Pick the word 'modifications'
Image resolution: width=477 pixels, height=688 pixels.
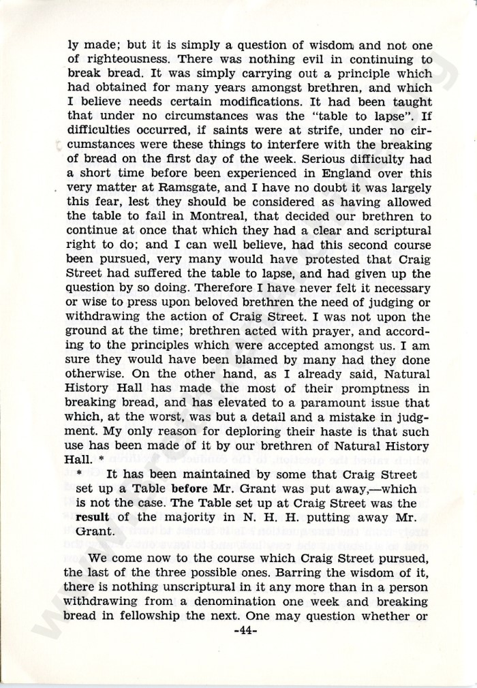(292, 103)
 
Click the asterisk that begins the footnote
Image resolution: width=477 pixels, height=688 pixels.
(80, 475)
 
